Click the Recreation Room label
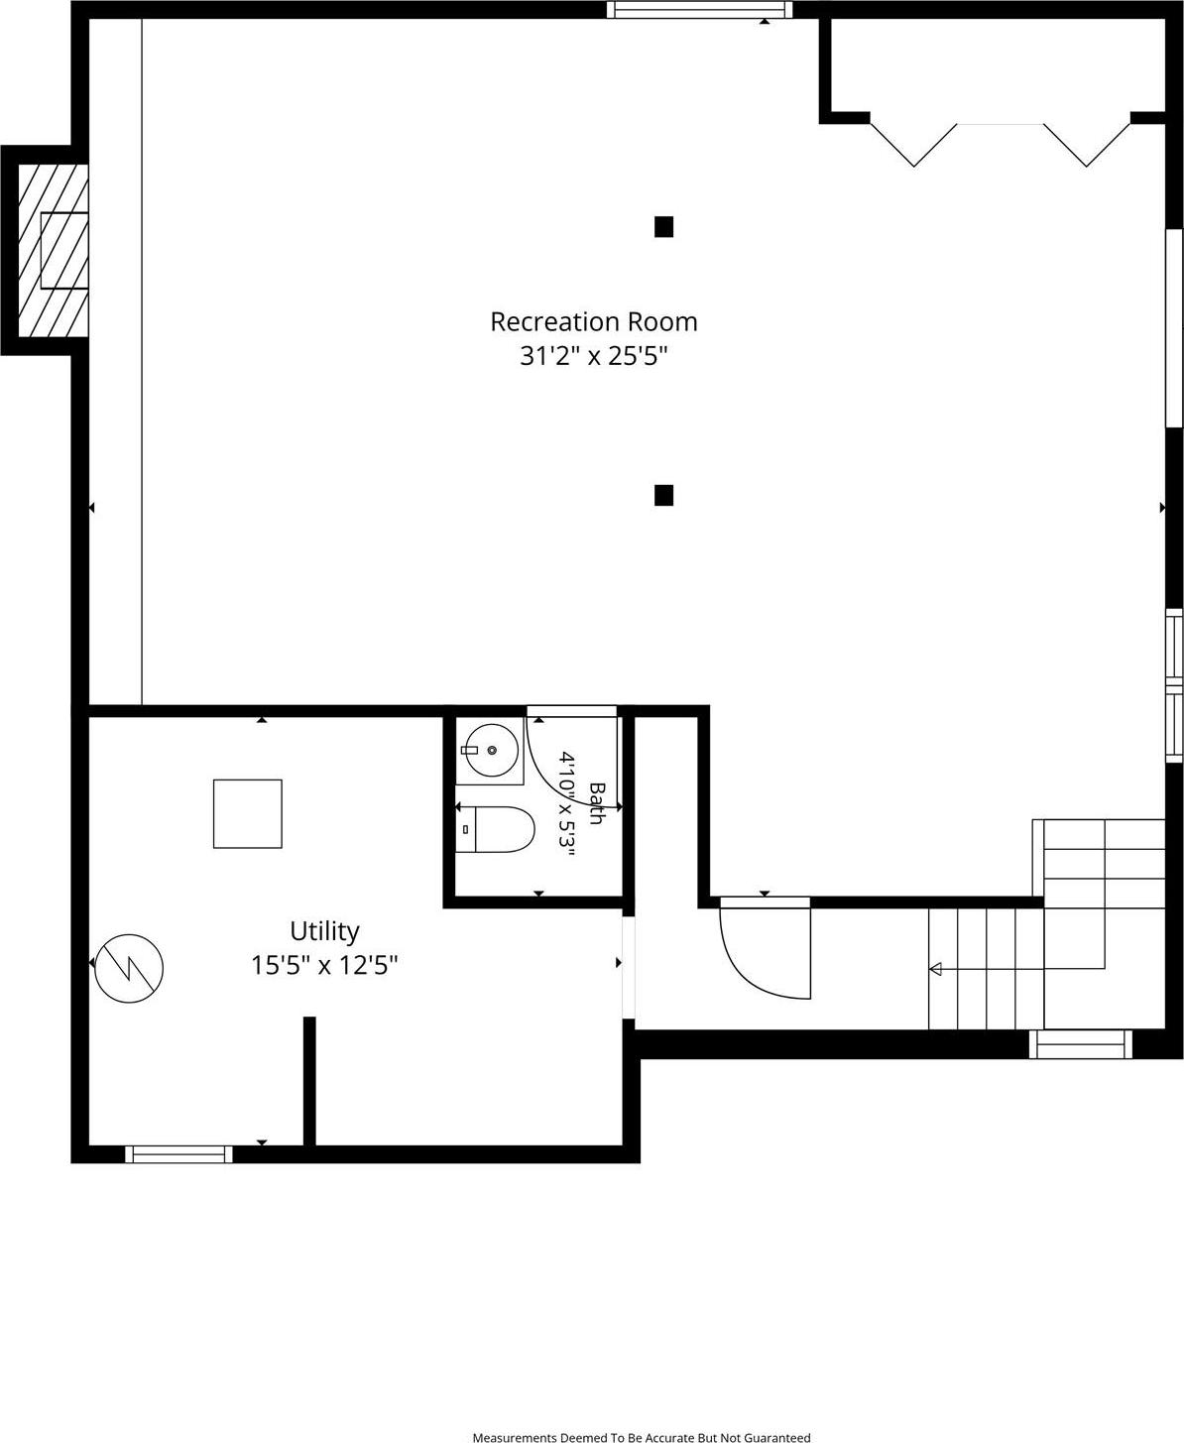(x=594, y=321)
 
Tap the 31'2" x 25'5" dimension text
(x=594, y=356)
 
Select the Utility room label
(x=324, y=931)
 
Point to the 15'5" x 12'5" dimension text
(x=324, y=965)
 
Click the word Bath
(x=597, y=803)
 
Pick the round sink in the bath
(x=492, y=751)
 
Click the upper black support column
(x=663, y=226)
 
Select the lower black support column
(x=663, y=495)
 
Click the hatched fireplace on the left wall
(x=54, y=251)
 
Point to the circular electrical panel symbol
(x=129, y=969)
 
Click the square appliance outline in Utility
(x=248, y=814)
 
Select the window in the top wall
(x=700, y=9)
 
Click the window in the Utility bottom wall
(x=179, y=1154)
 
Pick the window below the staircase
(x=1081, y=1044)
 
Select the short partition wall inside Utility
(x=309, y=1081)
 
